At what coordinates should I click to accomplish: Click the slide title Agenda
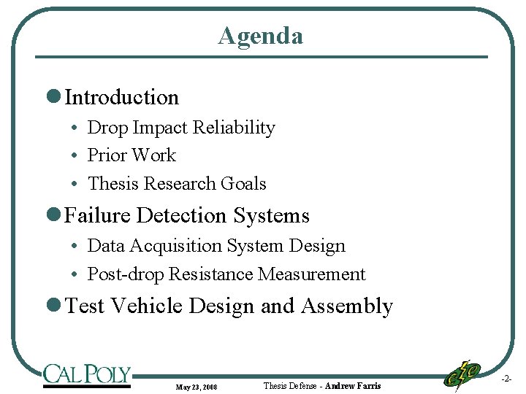pos(260,35)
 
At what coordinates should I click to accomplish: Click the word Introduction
pos(121,97)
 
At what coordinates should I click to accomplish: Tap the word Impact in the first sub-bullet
pos(159,128)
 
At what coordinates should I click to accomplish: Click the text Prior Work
pos(131,155)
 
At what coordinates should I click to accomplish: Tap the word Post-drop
pos(126,275)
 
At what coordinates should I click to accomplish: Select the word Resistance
pos(210,275)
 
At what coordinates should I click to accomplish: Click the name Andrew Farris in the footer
pos(353,386)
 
